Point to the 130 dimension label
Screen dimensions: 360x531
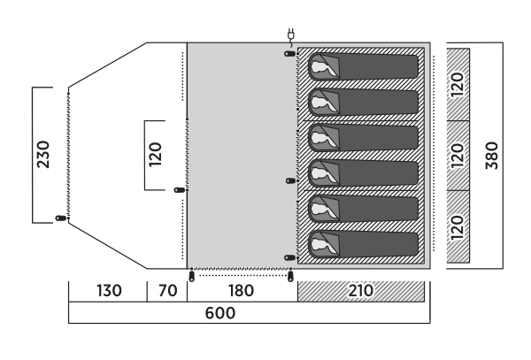[107, 291]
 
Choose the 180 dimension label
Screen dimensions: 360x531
[240, 291]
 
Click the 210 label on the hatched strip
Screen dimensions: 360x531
[360, 291]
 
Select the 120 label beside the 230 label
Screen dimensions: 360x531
[157, 154]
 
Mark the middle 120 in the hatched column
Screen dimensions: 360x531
[458, 156]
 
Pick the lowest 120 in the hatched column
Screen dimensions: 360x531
[458, 227]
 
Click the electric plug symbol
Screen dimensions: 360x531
[291, 36]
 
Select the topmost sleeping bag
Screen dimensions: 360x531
[363, 67]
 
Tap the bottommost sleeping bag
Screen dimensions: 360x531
[363, 242]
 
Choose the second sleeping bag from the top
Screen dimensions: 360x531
[363, 102]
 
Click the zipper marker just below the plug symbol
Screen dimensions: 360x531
[290, 54]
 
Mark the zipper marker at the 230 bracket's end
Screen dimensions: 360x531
[60, 218]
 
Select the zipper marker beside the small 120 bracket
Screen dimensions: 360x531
[179, 189]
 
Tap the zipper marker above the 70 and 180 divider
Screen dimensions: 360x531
[190, 276]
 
